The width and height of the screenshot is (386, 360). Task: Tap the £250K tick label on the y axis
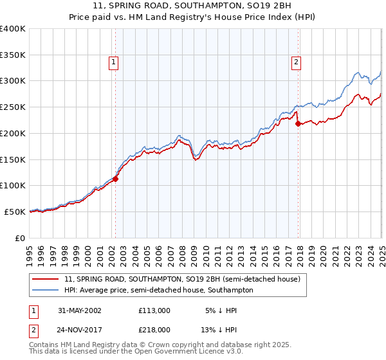coord(13,107)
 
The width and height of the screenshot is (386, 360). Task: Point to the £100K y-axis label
coord(13,185)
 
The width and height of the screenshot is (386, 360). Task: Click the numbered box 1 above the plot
coord(113,62)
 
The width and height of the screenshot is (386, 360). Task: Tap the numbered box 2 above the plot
coord(295,62)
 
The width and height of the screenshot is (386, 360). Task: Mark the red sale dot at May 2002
coord(116,179)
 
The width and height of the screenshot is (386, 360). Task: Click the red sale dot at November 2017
coord(298,124)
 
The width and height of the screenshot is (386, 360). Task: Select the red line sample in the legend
coord(46,279)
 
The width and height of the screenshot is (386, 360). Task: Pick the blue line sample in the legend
coord(46,290)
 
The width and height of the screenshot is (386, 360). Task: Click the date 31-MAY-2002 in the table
coord(80,310)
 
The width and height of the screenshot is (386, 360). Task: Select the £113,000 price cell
coord(154,310)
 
